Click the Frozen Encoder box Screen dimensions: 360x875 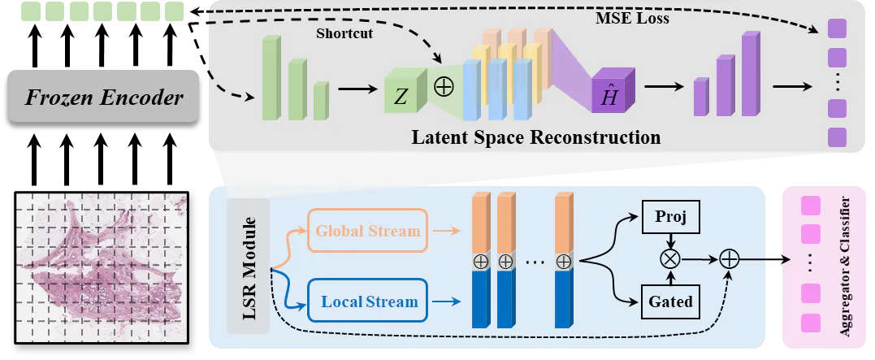pyautogui.click(x=103, y=98)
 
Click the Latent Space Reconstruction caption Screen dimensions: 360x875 pyautogui.click(x=535, y=137)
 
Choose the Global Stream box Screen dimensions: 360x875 pyautogui.click(x=368, y=230)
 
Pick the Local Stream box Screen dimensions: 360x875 pyautogui.click(x=368, y=301)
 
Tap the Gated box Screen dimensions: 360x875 pyautogui.click(x=671, y=301)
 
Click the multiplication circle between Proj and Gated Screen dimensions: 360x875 pyautogui.click(x=671, y=259)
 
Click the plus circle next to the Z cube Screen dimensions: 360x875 pyautogui.click(x=444, y=86)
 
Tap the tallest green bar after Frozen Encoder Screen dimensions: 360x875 pyautogui.click(x=270, y=78)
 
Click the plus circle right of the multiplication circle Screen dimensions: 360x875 pyautogui.click(x=730, y=259)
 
